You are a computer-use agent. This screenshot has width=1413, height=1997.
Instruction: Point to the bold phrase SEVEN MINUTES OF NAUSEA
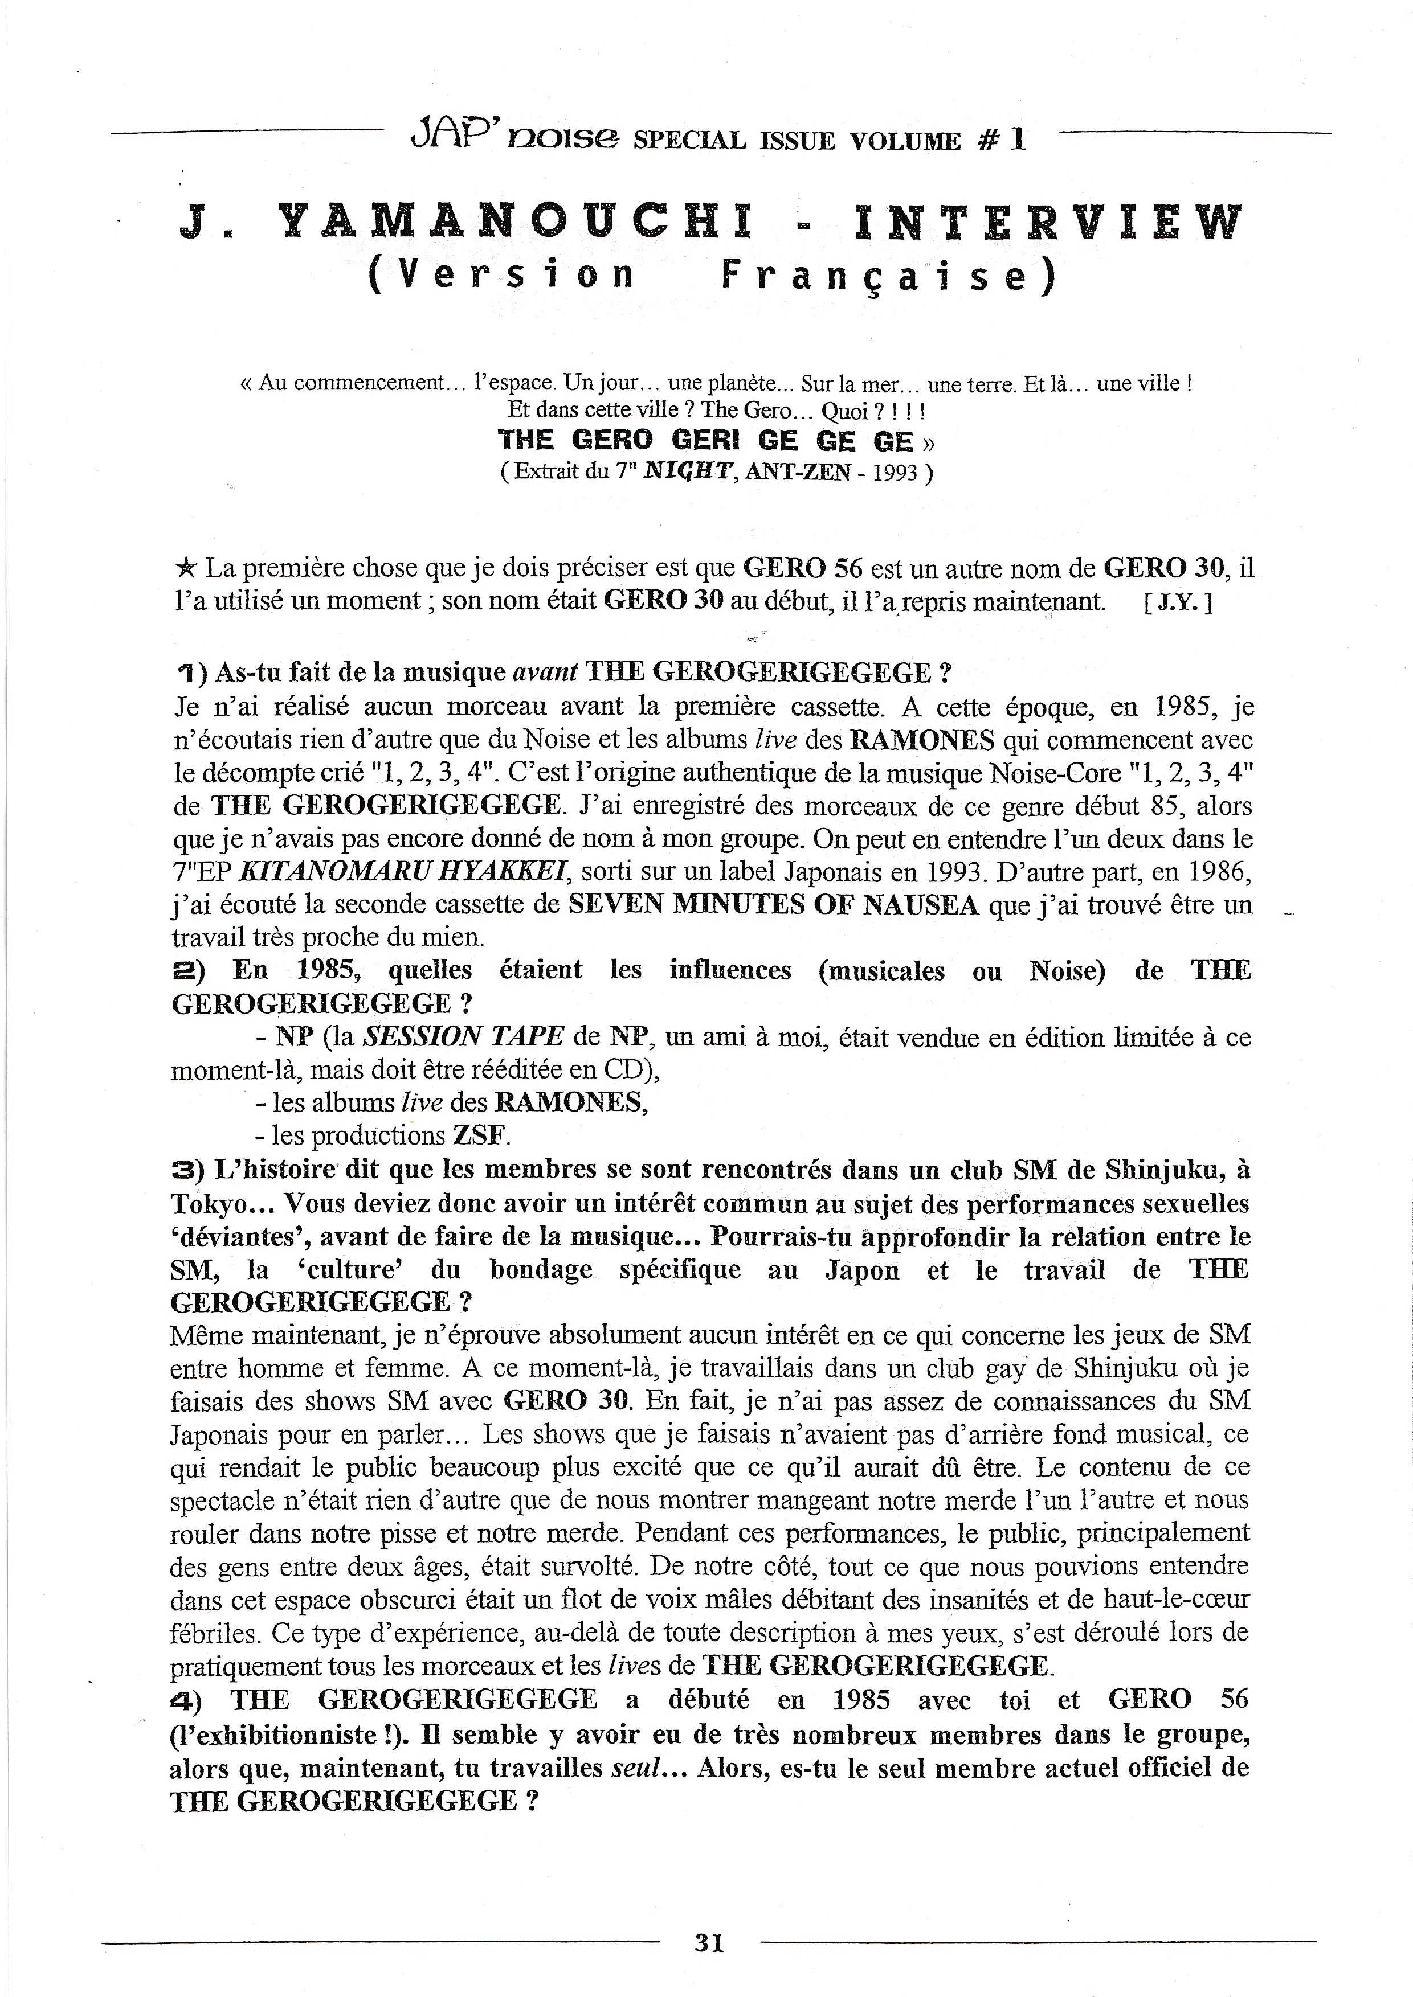tap(774, 905)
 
